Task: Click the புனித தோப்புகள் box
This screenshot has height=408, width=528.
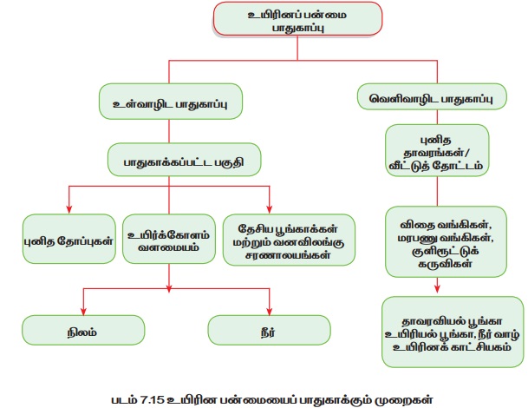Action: pyautogui.click(x=68, y=239)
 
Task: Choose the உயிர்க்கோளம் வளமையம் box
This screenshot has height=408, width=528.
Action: pyautogui.click(x=168, y=239)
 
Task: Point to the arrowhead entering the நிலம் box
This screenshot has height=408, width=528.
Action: pyautogui.click(x=82, y=310)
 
